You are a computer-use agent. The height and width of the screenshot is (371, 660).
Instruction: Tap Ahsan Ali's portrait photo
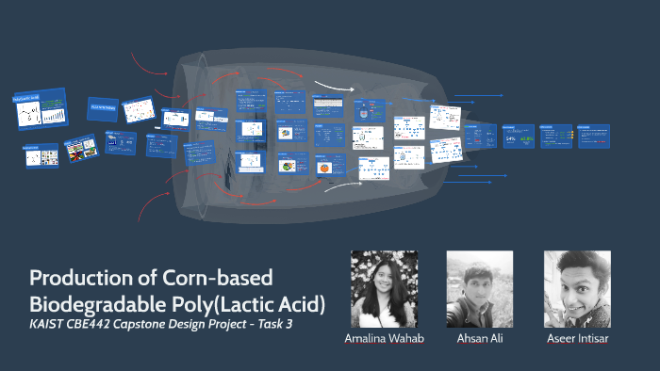(479, 288)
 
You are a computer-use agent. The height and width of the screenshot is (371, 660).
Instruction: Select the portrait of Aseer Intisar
(577, 288)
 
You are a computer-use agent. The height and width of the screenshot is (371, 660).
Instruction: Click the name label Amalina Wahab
(383, 337)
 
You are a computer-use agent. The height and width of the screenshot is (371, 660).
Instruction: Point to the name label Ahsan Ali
(479, 337)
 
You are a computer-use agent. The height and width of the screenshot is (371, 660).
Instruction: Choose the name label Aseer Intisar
(577, 337)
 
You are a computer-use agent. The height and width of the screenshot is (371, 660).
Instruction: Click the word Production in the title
(76, 279)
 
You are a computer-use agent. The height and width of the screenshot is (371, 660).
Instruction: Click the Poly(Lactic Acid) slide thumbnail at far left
(39, 111)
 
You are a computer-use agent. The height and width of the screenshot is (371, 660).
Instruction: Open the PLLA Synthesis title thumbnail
(103, 108)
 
